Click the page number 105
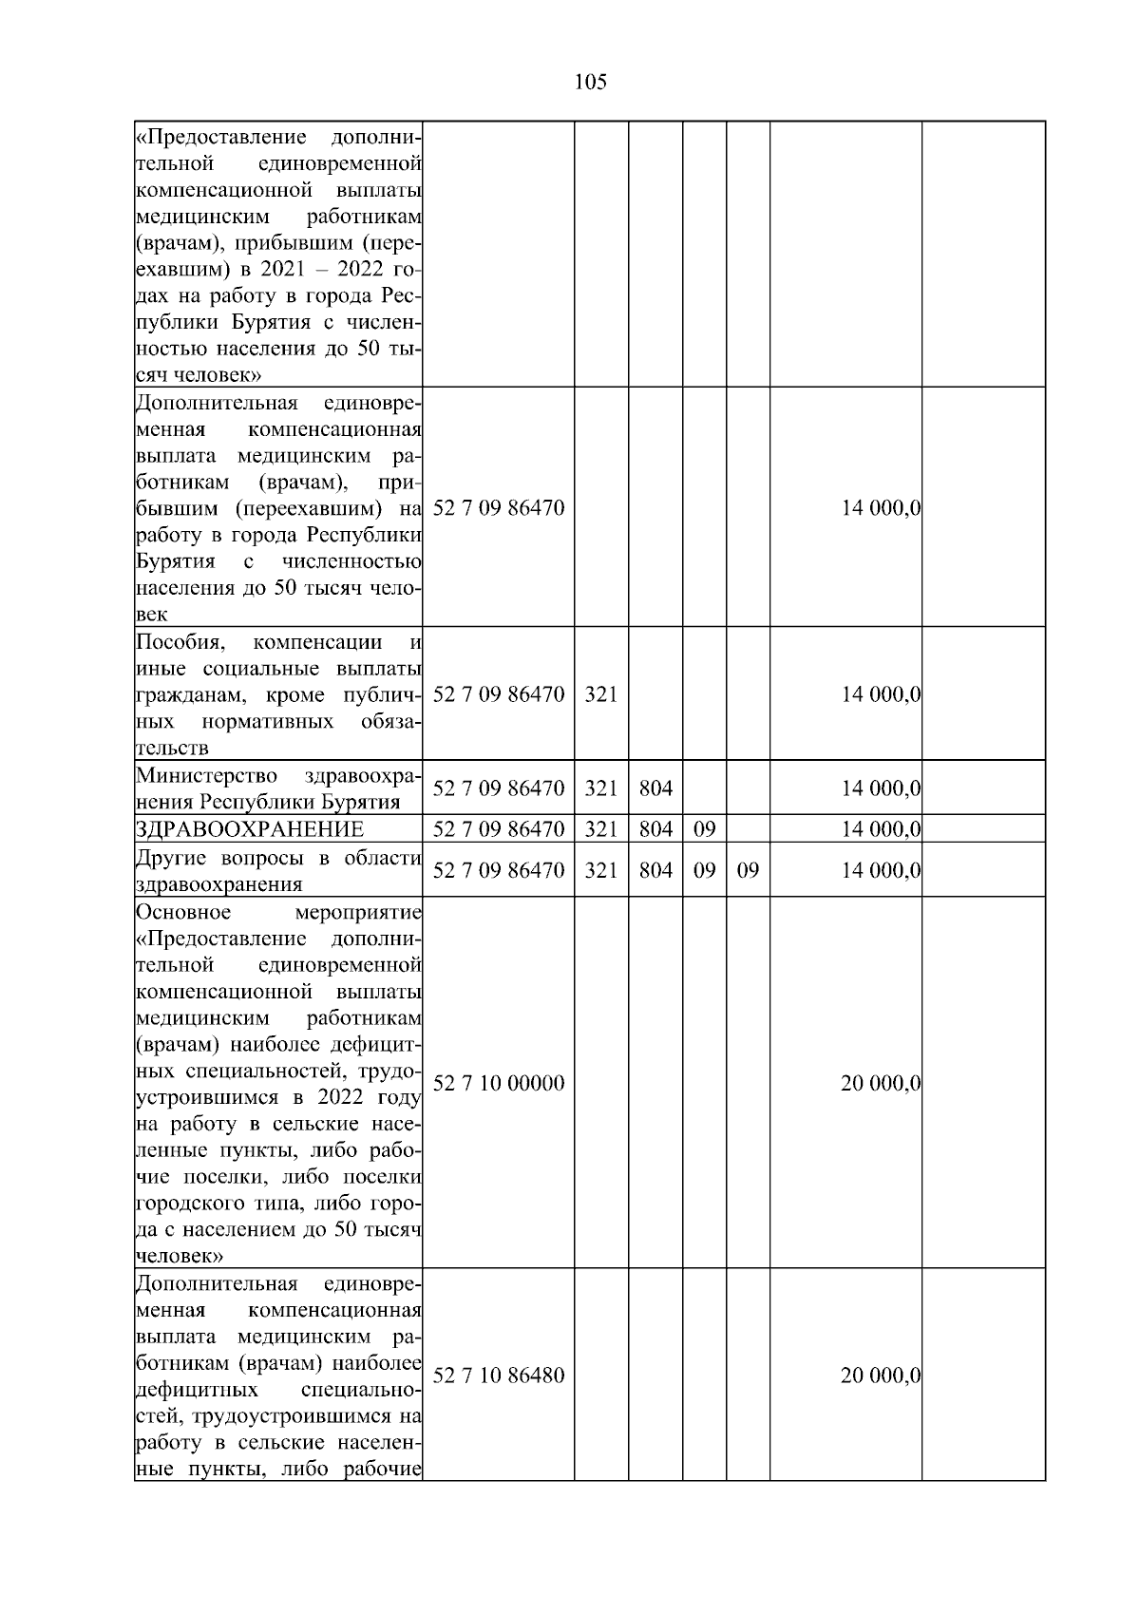click(590, 83)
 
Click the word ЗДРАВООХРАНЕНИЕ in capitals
click(249, 829)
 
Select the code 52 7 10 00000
click(499, 1083)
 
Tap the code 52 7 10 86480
click(499, 1376)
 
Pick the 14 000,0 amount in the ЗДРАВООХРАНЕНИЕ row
click(881, 829)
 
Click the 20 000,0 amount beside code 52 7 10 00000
click(881, 1083)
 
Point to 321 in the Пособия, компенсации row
click(600, 694)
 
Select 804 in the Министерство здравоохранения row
click(655, 788)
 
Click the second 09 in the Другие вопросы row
click(748, 870)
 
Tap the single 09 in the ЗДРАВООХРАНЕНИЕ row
click(704, 829)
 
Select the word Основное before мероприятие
click(183, 912)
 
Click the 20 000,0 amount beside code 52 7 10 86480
click(881, 1376)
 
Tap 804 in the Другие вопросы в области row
click(655, 870)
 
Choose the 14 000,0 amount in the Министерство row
click(881, 788)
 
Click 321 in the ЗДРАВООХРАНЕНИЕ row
click(600, 829)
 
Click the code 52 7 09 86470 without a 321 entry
click(499, 508)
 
